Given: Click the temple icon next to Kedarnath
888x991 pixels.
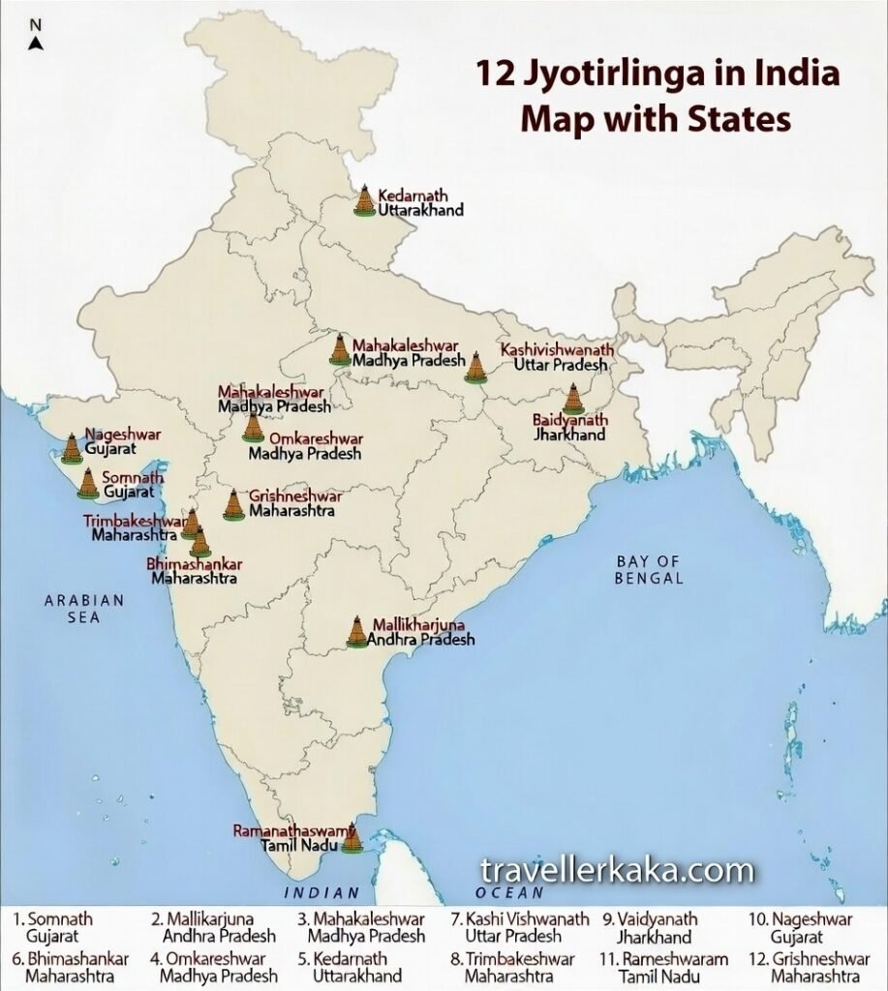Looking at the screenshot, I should pyautogui.click(x=364, y=200).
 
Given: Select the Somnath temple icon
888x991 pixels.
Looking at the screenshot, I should pyautogui.click(x=88, y=482).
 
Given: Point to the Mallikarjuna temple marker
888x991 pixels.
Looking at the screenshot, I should pyautogui.click(x=358, y=631).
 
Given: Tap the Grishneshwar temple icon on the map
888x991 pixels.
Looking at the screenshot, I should pyautogui.click(x=232, y=504).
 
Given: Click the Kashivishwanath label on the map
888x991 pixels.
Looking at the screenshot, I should pyautogui.click(x=556, y=349).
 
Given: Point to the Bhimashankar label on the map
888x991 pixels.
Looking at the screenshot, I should pyautogui.click(x=194, y=563).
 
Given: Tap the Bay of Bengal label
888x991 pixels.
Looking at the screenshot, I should pyautogui.click(x=650, y=570).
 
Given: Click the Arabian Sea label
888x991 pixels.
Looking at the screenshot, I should pyautogui.click(x=84, y=609).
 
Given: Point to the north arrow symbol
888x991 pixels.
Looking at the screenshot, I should pyautogui.click(x=35, y=43).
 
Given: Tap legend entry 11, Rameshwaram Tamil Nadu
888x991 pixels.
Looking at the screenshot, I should pyautogui.click(x=663, y=967).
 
